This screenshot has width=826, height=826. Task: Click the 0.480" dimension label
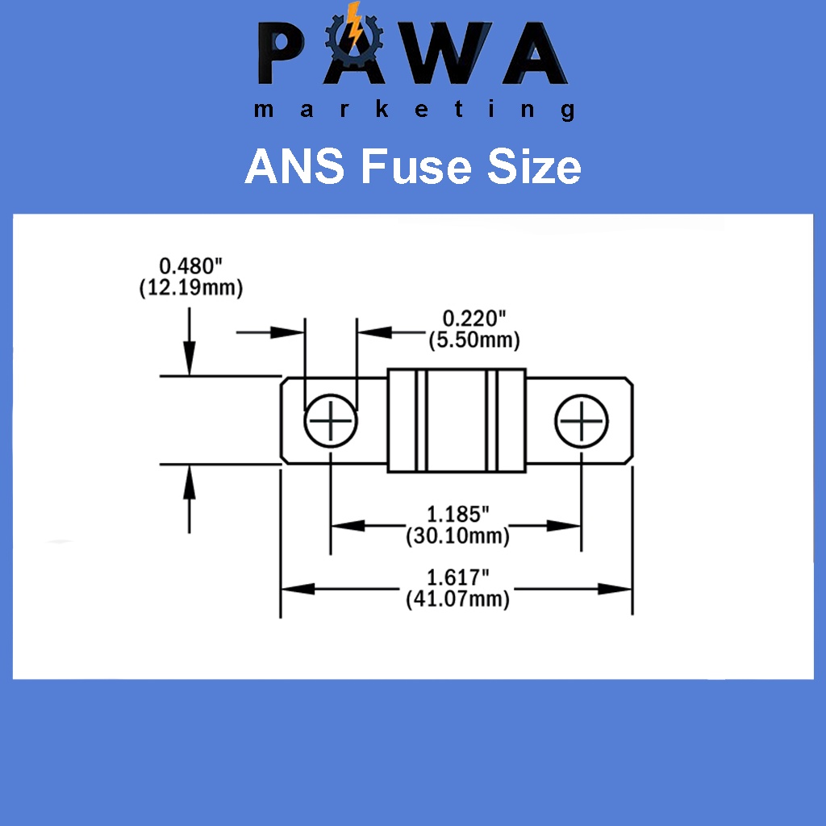(191, 266)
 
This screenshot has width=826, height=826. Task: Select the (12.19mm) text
(191, 287)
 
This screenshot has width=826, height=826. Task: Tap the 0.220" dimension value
(473, 319)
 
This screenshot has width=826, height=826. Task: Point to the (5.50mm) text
(473, 340)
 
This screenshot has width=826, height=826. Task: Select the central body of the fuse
(457, 420)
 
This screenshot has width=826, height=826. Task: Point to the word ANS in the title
(296, 167)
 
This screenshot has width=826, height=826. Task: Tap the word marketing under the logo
(413, 110)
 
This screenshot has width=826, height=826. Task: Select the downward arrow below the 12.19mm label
(190, 355)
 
